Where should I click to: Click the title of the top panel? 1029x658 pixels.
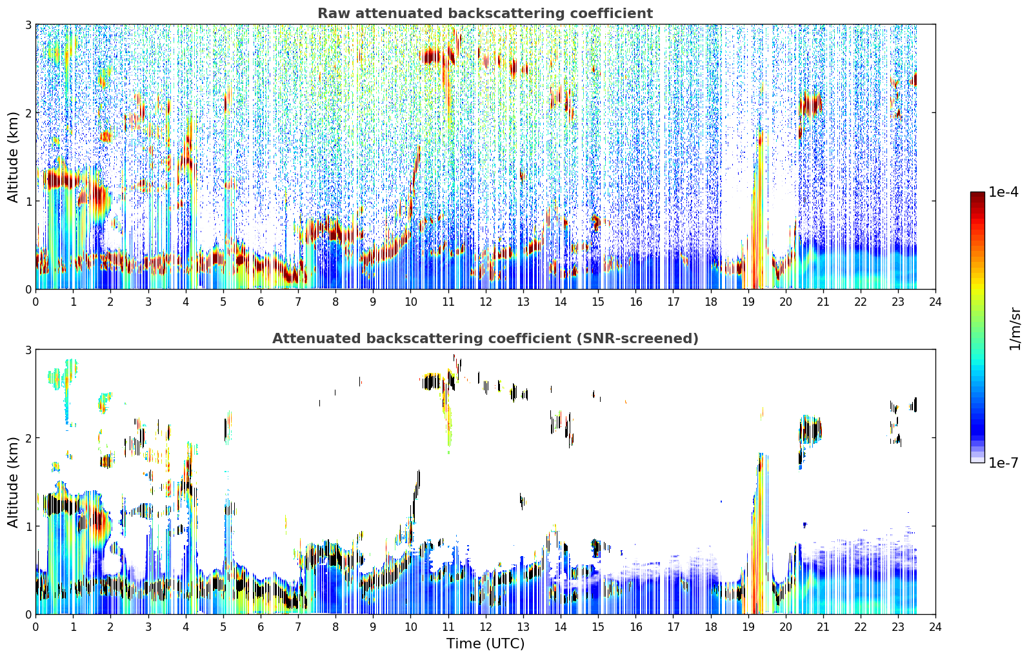pos(485,14)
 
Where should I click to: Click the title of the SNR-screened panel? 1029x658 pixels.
pos(485,339)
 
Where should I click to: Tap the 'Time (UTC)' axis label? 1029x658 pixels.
pos(485,643)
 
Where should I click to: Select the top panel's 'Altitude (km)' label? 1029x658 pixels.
pos(13,157)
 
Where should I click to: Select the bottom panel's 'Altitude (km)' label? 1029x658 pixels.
pos(13,482)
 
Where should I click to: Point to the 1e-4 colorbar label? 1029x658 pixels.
pos(1004,192)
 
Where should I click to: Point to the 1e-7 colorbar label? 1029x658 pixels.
pos(1004,463)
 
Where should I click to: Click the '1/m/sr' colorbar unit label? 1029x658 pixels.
pos(1015,329)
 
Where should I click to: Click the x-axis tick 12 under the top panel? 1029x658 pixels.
pos(486,302)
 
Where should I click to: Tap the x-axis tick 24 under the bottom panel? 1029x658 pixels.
pos(935,627)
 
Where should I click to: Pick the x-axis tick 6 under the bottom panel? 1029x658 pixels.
pos(261,627)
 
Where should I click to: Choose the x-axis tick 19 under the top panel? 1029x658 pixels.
pos(748,302)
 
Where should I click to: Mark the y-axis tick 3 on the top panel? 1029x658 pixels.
pos(28,25)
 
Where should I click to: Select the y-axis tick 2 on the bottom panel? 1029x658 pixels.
pos(28,438)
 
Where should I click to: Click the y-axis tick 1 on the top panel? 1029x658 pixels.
pos(28,201)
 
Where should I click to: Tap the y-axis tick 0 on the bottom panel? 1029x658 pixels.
pos(28,614)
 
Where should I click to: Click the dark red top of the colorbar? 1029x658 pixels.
pos(977,195)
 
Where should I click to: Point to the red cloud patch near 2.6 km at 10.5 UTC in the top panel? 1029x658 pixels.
pos(431,57)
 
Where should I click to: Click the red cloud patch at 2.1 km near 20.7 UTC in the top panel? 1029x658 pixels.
pos(810,105)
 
